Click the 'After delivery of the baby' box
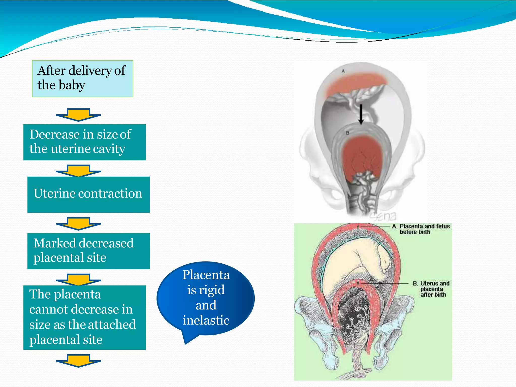coord(82,79)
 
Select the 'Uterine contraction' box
coord(88,194)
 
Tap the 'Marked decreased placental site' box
coord(88,251)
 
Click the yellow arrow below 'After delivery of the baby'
coord(78,115)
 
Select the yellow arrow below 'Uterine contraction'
coord(78,223)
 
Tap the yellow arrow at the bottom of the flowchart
coord(78,361)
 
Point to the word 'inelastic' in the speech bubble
coord(206,320)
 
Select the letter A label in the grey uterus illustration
coord(343,72)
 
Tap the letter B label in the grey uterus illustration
coord(347,133)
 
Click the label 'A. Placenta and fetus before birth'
coord(421,229)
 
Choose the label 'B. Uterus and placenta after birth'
coord(431,289)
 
